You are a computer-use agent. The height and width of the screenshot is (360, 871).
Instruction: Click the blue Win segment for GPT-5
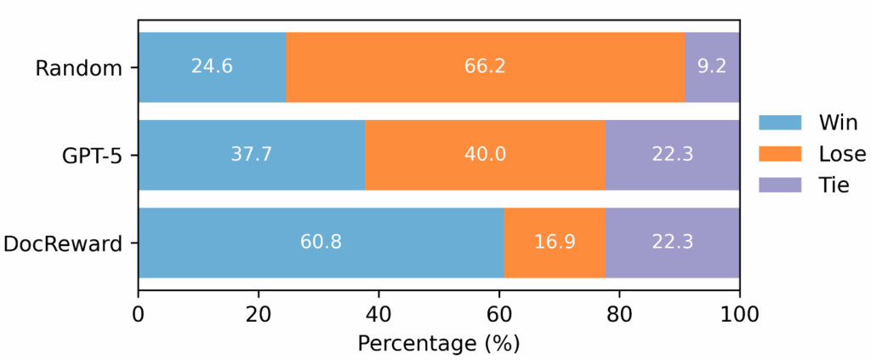tap(251, 154)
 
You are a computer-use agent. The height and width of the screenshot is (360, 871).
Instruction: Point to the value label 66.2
tap(485, 67)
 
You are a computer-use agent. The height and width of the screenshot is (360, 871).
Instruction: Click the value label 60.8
tap(321, 242)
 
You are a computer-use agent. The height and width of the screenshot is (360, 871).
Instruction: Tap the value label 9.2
tap(712, 67)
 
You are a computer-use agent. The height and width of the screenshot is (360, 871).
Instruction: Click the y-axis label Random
tap(79, 68)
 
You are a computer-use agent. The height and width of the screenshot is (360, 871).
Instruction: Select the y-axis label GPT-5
tap(87, 155)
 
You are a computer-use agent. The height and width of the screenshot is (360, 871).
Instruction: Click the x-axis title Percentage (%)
tap(438, 344)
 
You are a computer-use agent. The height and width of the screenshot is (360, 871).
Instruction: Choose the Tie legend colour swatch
tap(779, 185)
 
